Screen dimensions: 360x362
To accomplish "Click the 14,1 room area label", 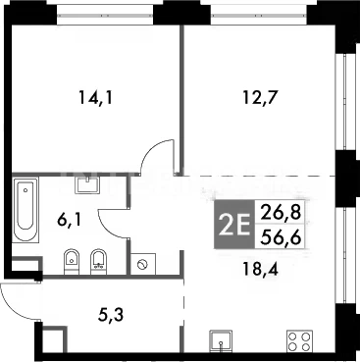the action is pyautogui.click(x=95, y=97).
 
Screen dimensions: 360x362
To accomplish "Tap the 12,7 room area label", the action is pyautogui.click(x=261, y=97).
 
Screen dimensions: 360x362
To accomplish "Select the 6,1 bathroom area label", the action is pyautogui.click(x=69, y=220).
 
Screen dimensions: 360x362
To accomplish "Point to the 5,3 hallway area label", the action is pyautogui.click(x=111, y=315).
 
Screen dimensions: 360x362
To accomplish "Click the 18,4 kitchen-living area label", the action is pyautogui.click(x=261, y=269).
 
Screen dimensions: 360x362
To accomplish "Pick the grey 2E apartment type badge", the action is pyautogui.click(x=234, y=225).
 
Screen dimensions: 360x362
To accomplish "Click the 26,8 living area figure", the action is pyautogui.click(x=280, y=213).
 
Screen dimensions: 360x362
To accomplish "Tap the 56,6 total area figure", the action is pyautogui.click(x=281, y=236).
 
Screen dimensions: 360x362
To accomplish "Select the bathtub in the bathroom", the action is pyautogui.click(x=26, y=210).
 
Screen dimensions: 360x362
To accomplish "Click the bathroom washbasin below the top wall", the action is pyautogui.click(x=87, y=185).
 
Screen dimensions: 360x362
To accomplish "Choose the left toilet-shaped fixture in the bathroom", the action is pyautogui.click(x=71, y=261).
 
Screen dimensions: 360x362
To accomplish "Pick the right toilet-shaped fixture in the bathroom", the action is pyautogui.click(x=98, y=261).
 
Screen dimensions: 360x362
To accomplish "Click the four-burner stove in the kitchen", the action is pyautogui.click(x=299, y=341).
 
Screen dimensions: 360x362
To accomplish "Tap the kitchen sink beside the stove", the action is pyautogui.click(x=222, y=341).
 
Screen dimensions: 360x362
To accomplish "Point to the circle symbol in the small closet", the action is pyautogui.click(x=142, y=264).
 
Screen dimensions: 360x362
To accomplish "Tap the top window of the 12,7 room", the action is pyautogui.click(x=258, y=16).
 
